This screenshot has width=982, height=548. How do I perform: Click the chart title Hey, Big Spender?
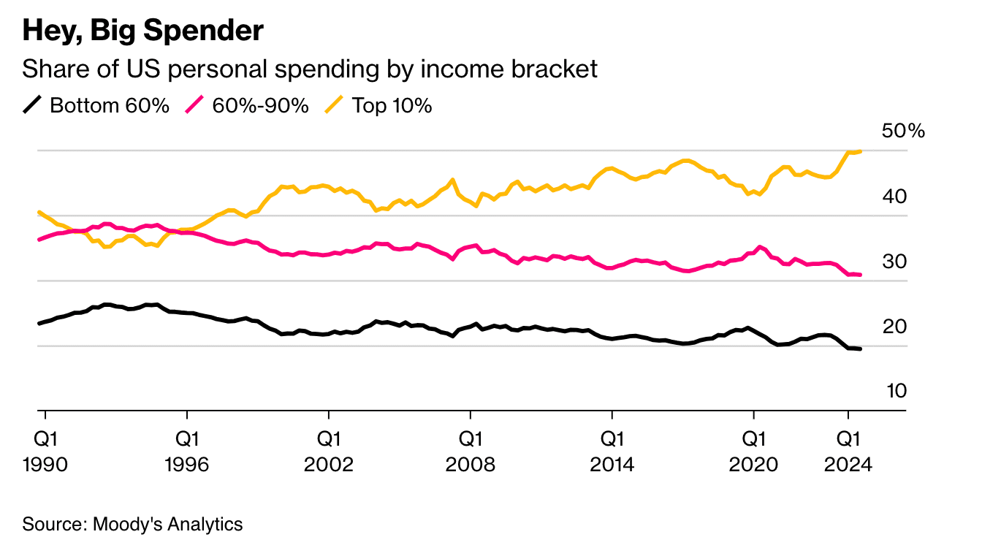pyautogui.click(x=143, y=31)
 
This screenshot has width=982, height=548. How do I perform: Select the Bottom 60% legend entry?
pyautogui.click(x=96, y=106)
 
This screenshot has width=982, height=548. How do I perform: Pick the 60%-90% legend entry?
pyautogui.click(x=247, y=106)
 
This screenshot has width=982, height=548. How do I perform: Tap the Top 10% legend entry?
pyautogui.click(x=378, y=106)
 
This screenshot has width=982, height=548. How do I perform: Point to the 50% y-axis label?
pyautogui.click(x=903, y=131)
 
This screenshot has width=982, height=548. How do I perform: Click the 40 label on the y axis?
pyautogui.click(x=894, y=197)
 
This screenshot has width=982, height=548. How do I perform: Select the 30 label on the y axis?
pyautogui.click(x=894, y=262)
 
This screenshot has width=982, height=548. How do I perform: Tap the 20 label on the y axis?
pyautogui.click(x=894, y=327)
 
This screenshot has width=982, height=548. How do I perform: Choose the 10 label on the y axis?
pyautogui.click(x=896, y=391)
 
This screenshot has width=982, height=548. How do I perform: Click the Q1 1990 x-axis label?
pyautogui.click(x=45, y=452)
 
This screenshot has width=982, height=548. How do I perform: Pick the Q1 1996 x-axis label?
pyautogui.click(x=187, y=452)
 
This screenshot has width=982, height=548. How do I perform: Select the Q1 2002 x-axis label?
pyautogui.click(x=329, y=452)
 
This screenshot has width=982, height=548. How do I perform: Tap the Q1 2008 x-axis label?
pyautogui.click(x=471, y=452)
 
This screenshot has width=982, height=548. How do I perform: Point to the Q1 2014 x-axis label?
pyautogui.click(x=612, y=452)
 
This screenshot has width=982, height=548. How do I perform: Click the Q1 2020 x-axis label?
pyautogui.click(x=753, y=452)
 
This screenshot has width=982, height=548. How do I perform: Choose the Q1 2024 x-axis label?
pyautogui.click(x=848, y=452)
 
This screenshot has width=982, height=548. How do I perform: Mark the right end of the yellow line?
pyautogui.click(x=861, y=151)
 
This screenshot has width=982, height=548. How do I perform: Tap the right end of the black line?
pyautogui.click(x=861, y=349)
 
